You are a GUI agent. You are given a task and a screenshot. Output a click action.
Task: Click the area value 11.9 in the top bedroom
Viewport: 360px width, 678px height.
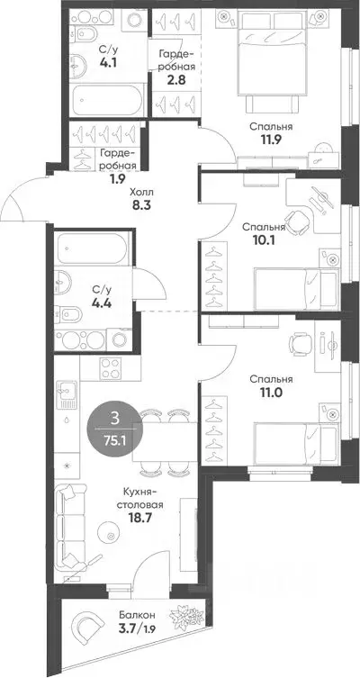tap(272, 140)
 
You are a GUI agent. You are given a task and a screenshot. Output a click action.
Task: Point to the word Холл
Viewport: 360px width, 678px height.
tap(141, 192)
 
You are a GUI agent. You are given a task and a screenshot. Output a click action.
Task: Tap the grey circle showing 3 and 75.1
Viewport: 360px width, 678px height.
tap(114, 428)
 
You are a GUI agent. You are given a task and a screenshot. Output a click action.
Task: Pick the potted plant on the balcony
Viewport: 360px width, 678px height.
tap(186, 617)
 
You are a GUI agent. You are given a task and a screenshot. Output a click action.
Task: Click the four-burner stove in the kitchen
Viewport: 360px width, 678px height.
tap(111, 368)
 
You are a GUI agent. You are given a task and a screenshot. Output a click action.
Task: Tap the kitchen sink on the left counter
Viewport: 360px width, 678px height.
tap(67, 395)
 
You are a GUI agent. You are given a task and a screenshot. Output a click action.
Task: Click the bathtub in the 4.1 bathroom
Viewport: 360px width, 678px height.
tap(107, 100)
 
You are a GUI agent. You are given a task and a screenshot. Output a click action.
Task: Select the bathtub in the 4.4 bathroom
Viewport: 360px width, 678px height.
tap(93, 249)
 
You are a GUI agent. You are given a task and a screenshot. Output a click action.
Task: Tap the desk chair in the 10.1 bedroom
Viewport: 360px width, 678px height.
tap(299, 221)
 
